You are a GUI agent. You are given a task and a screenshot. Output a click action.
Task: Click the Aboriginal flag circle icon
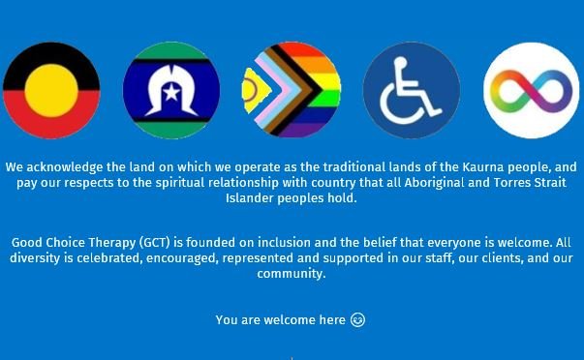tap(50, 91)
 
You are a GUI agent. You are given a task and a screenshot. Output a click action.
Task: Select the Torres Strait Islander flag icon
tap(170, 91)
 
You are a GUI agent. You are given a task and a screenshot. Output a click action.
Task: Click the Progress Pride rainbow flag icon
tap(291, 91)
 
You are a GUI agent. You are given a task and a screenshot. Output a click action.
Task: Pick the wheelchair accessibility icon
tap(411, 91)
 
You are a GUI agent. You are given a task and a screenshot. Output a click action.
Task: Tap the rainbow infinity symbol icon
tap(531, 91)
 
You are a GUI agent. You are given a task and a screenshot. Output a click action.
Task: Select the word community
tap(292, 273)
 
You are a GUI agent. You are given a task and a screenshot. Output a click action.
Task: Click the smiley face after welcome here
tap(358, 319)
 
